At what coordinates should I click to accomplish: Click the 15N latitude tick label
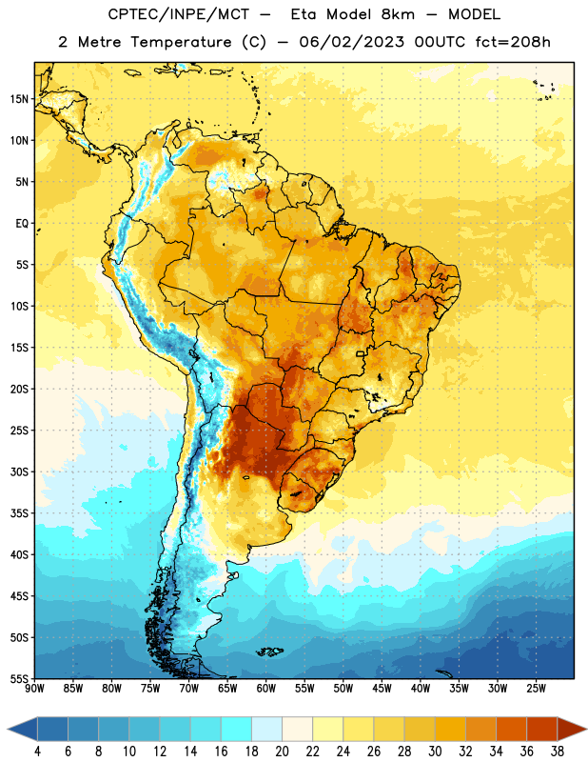click(x=19, y=99)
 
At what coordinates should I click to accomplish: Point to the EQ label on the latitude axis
click(x=22, y=224)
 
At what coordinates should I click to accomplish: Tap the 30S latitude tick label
click(x=19, y=471)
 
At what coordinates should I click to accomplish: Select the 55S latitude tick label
click(x=19, y=679)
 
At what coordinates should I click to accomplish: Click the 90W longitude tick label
click(x=34, y=689)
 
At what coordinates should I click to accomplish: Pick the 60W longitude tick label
click(x=266, y=689)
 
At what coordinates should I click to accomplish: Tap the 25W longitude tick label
click(x=536, y=689)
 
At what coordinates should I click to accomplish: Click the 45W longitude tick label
click(x=382, y=689)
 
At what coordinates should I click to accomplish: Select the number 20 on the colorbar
click(x=282, y=752)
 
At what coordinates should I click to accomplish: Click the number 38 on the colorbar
click(x=558, y=752)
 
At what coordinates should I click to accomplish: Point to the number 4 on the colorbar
click(x=37, y=752)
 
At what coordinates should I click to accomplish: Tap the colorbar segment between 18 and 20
click(x=266, y=729)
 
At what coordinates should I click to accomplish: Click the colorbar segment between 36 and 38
click(x=542, y=729)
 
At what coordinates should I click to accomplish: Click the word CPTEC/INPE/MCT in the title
click(x=179, y=14)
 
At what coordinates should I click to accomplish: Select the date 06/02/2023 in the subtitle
click(x=351, y=42)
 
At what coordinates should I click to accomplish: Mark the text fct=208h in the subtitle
click(x=513, y=42)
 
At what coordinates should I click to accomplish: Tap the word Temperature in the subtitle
click(x=181, y=43)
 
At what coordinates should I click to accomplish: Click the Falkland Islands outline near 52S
click(x=269, y=652)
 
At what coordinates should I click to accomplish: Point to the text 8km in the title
click(x=398, y=14)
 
